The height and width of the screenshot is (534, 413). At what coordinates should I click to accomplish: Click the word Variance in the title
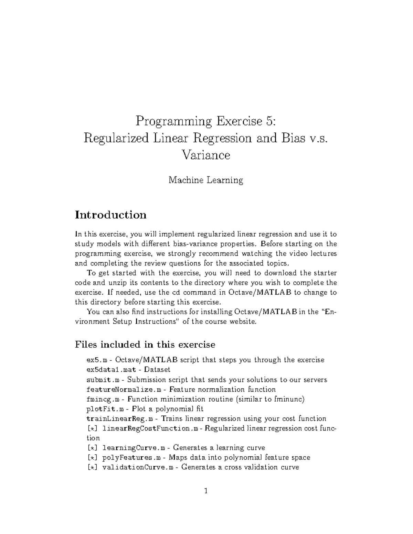click(x=206, y=155)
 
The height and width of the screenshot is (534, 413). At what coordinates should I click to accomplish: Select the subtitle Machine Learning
click(x=206, y=180)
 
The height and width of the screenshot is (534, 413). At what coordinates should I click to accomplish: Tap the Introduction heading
click(x=111, y=215)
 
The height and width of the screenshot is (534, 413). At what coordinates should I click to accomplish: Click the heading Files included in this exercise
click(x=145, y=345)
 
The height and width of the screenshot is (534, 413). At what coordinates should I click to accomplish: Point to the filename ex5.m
click(x=97, y=360)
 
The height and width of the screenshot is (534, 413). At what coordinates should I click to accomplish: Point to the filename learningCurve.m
click(x=134, y=448)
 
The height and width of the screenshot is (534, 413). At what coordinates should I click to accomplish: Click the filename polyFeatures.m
click(x=132, y=458)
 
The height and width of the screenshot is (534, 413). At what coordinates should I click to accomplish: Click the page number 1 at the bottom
click(x=206, y=491)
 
